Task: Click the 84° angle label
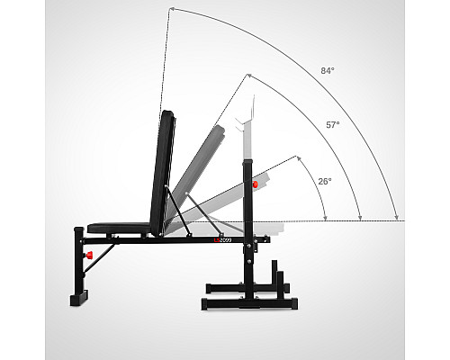click(328, 71)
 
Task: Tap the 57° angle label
click(333, 125)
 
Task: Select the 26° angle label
click(325, 182)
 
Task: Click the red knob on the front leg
click(89, 256)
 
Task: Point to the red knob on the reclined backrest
click(255, 184)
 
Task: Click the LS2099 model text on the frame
click(222, 240)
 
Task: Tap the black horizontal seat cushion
click(119, 228)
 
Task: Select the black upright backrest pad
click(163, 173)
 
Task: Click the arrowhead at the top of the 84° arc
click(172, 9)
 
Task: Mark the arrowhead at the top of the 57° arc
click(248, 76)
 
